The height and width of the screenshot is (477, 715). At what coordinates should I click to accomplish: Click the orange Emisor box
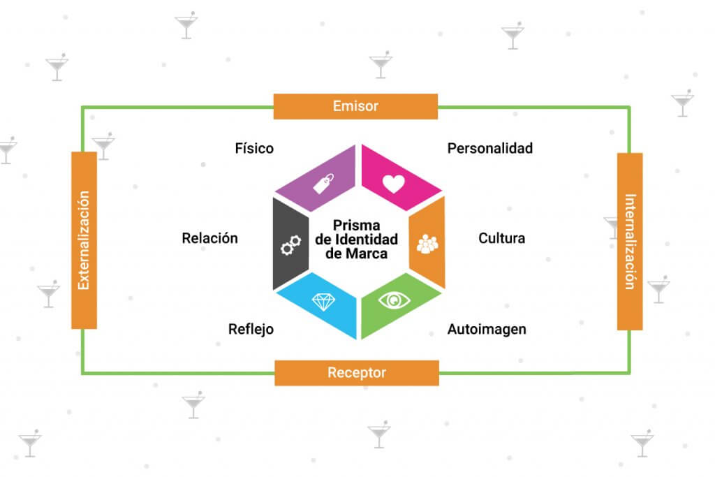(355, 106)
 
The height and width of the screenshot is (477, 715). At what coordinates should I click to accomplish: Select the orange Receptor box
(356, 373)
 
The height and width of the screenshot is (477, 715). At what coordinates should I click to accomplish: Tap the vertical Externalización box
(84, 240)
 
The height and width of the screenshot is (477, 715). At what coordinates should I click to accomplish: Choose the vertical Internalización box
(630, 241)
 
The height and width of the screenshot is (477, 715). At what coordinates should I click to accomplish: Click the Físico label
(254, 148)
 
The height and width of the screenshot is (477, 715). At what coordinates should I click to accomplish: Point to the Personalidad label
(489, 148)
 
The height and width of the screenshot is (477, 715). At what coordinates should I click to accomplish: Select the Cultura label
(501, 238)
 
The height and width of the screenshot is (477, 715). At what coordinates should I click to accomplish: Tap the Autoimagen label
(487, 329)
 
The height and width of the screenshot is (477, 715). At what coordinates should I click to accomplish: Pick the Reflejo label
(251, 329)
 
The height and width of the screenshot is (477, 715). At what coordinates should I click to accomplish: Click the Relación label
(209, 238)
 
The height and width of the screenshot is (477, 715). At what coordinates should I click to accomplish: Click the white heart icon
(394, 183)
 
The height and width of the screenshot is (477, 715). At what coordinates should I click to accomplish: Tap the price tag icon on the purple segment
(322, 184)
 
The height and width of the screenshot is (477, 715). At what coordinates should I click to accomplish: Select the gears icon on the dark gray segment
(290, 244)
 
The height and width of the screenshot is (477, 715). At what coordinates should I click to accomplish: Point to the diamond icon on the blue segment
(323, 302)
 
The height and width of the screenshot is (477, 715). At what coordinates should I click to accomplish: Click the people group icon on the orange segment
(427, 244)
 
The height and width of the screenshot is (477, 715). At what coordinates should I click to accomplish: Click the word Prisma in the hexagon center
(357, 226)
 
